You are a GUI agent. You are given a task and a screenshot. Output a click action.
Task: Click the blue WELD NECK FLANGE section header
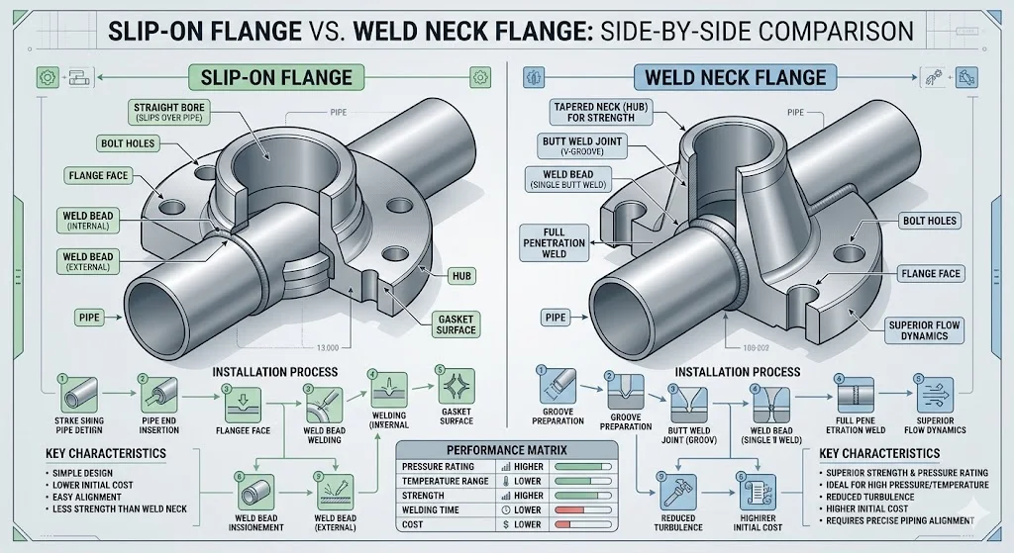[x=735, y=76]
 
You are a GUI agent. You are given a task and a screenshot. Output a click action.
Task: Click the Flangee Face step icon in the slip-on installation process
[x=245, y=402]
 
